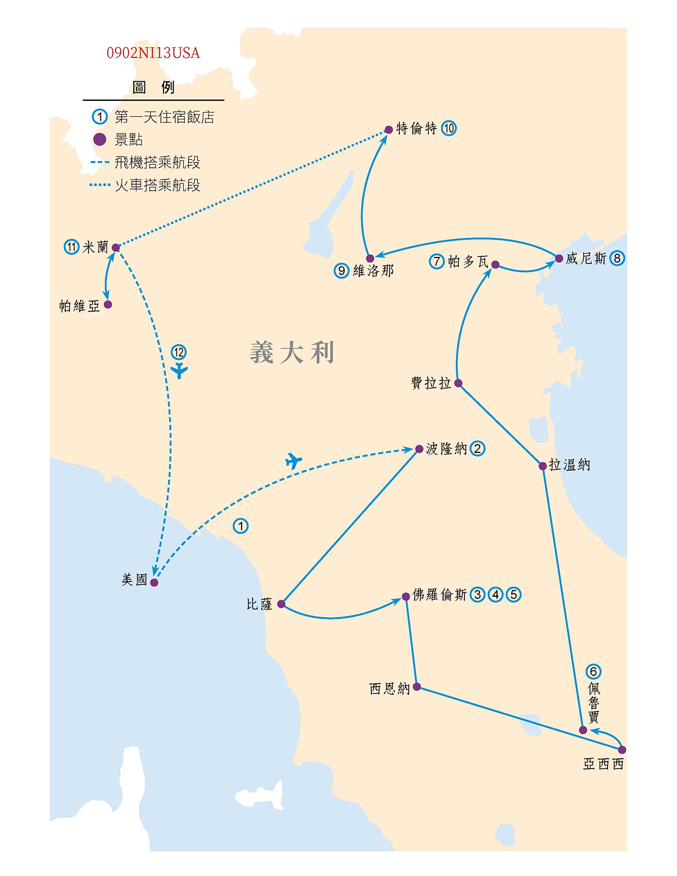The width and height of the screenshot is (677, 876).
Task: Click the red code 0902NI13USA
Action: pyautogui.click(x=153, y=53)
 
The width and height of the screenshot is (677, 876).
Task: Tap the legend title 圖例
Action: pyautogui.click(x=153, y=87)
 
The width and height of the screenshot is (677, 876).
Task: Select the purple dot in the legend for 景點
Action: pyautogui.click(x=99, y=140)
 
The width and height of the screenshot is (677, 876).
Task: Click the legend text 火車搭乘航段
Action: pyautogui.click(x=157, y=185)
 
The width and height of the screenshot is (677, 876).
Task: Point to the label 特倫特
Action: pyautogui.click(x=416, y=128)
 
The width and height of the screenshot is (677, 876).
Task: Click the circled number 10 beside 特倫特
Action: pyautogui.click(x=449, y=128)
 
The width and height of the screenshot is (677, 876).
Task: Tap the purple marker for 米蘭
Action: pyautogui.click(x=116, y=247)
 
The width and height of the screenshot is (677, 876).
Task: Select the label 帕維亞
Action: pyautogui.click(x=79, y=306)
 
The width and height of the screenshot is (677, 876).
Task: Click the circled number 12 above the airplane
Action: pyautogui.click(x=178, y=352)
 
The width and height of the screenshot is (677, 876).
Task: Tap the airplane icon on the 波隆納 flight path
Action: pyautogui.click(x=293, y=461)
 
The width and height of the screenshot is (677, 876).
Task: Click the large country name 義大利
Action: pyautogui.click(x=292, y=353)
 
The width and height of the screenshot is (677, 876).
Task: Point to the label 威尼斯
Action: pyautogui.click(x=586, y=259)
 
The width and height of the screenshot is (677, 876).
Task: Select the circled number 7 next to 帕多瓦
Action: pyautogui.click(x=436, y=261)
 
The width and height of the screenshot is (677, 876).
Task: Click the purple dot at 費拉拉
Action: pyautogui.click(x=458, y=383)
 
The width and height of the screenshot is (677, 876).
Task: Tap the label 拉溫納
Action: pyautogui.click(x=569, y=465)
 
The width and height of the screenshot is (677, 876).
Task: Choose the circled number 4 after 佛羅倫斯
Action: pyautogui.click(x=495, y=595)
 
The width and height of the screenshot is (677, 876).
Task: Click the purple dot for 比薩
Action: pyautogui.click(x=281, y=604)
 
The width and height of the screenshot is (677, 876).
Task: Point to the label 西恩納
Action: pyautogui.click(x=389, y=689)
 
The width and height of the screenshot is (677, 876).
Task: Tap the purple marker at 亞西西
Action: pyautogui.click(x=622, y=750)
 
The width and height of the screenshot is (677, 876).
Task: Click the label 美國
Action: pyautogui.click(x=134, y=579)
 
